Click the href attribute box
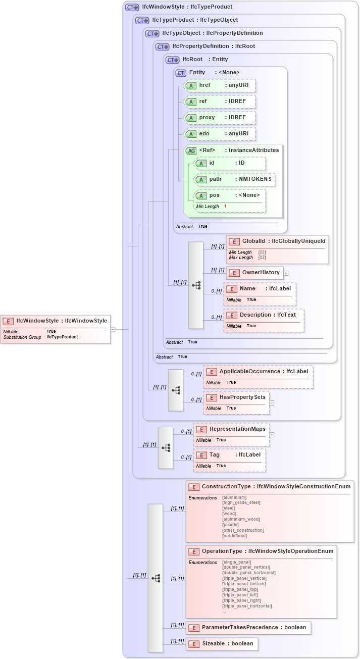pos(220,85)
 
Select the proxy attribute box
pos(220,118)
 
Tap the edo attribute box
pos(220,134)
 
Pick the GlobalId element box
pos(277,241)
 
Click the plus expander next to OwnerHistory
pos(286,273)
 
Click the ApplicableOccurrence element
pos(258,372)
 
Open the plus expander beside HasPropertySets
pos(272,403)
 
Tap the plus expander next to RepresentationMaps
pos(272,434)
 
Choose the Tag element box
pos(230,455)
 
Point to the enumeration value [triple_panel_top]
pos(240,589)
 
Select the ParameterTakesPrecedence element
pos(248,628)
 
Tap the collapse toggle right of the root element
pos(113,329)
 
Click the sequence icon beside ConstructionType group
pos(156,578)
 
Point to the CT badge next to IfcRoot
pos(173,60)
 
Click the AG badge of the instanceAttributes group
pos(191,150)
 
